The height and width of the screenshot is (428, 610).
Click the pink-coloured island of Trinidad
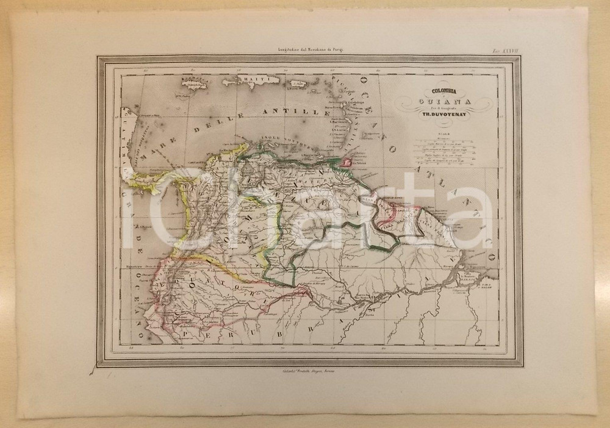[x=348, y=163]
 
